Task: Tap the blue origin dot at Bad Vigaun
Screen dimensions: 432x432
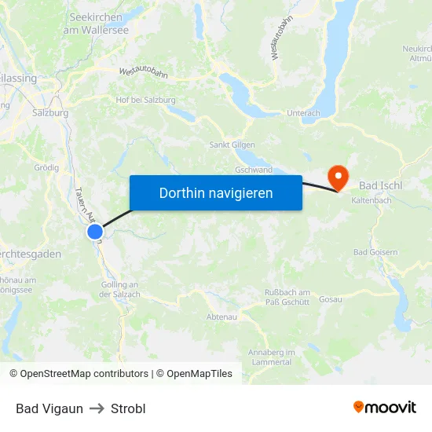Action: pos(95,232)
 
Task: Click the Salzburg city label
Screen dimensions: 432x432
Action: pos(50,112)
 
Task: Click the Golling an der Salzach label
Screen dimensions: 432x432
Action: pos(119,289)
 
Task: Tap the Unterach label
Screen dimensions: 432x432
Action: pos(303,113)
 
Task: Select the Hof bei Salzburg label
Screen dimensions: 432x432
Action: pos(145,100)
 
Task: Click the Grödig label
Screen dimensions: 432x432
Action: pos(46,167)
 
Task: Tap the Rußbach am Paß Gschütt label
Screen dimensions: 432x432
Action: pos(287,297)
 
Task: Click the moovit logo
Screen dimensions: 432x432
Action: pos(384,407)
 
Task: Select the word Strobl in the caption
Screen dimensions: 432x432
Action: pos(128,408)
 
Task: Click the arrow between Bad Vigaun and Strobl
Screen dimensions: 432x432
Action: pos(97,408)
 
